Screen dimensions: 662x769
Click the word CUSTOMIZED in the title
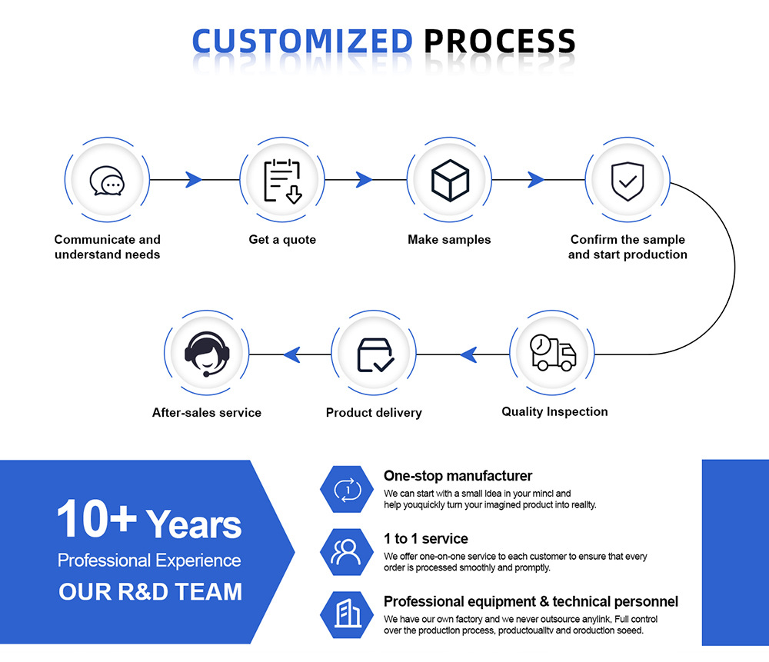click(301, 42)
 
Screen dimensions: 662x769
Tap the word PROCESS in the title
click(499, 42)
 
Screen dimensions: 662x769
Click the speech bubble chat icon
click(106, 181)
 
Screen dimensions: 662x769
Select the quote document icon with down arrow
click(282, 181)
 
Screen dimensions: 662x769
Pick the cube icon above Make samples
click(450, 181)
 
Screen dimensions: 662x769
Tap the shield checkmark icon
click(628, 181)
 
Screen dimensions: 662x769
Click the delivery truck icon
click(553, 353)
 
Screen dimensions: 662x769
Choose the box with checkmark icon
click(375, 354)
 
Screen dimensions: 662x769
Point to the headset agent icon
click(207, 354)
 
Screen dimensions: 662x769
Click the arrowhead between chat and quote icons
click(195, 180)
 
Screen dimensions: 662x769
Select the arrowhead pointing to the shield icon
click(536, 180)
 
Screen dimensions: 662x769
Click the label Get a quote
click(282, 240)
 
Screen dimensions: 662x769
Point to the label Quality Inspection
click(554, 411)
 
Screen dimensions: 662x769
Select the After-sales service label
click(207, 413)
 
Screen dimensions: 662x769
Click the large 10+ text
click(95, 521)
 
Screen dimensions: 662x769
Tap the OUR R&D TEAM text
click(150, 591)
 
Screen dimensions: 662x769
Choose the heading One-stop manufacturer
click(458, 476)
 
